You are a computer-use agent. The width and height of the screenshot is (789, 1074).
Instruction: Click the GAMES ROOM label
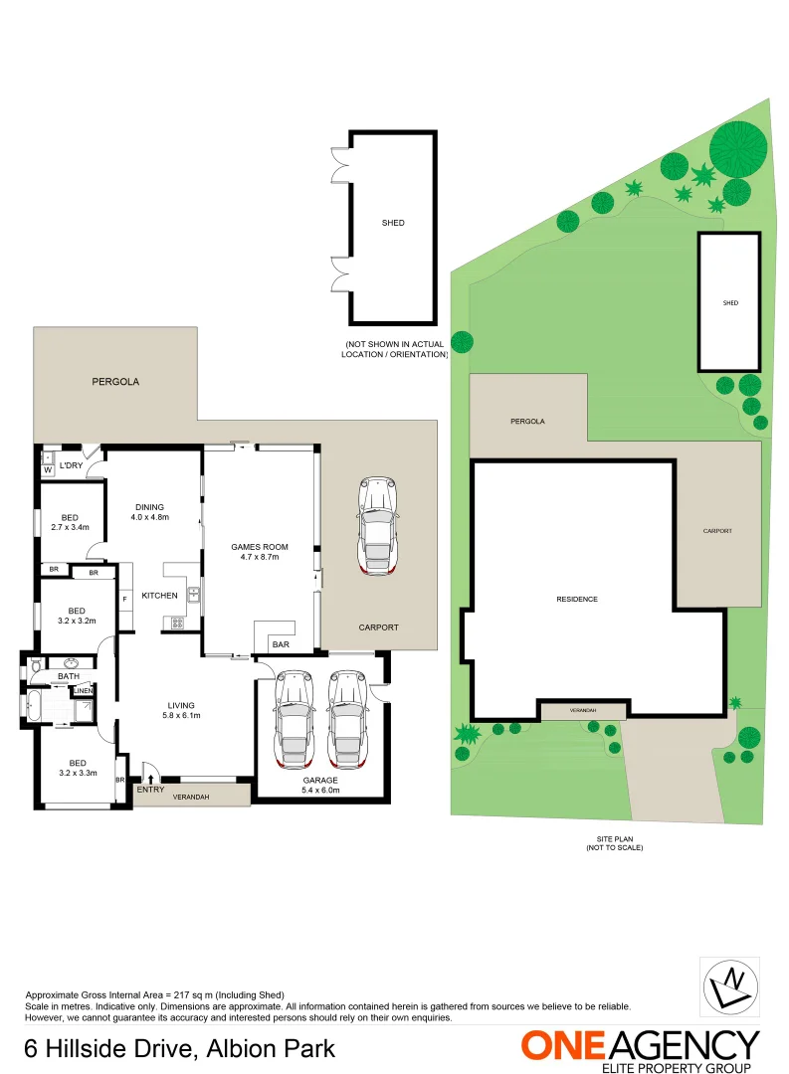tap(260, 552)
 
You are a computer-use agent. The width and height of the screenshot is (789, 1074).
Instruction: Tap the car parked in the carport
tap(376, 525)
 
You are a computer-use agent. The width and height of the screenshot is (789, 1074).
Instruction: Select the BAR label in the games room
tap(281, 645)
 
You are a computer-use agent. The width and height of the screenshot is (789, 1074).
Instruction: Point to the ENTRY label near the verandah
tap(151, 789)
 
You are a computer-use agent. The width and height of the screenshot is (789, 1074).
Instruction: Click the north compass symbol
tap(731, 985)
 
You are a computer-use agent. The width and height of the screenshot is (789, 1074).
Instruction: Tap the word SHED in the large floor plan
tap(393, 223)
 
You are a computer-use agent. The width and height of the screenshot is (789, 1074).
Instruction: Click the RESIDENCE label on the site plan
tap(577, 599)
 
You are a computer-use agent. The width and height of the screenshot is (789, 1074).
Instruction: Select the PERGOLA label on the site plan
tap(527, 422)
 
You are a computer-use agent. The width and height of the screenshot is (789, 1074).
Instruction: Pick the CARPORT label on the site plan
tap(717, 531)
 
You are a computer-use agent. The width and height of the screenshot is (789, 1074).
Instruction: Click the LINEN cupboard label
tap(83, 690)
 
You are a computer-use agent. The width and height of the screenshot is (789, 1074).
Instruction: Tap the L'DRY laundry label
tap(71, 465)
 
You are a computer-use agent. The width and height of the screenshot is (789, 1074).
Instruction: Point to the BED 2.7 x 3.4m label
tap(70, 522)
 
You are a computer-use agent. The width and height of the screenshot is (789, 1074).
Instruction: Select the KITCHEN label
tap(159, 596)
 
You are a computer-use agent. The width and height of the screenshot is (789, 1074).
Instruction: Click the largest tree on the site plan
tap(738, 145)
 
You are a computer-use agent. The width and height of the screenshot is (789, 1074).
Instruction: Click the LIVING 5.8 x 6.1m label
tap(181, 710)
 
